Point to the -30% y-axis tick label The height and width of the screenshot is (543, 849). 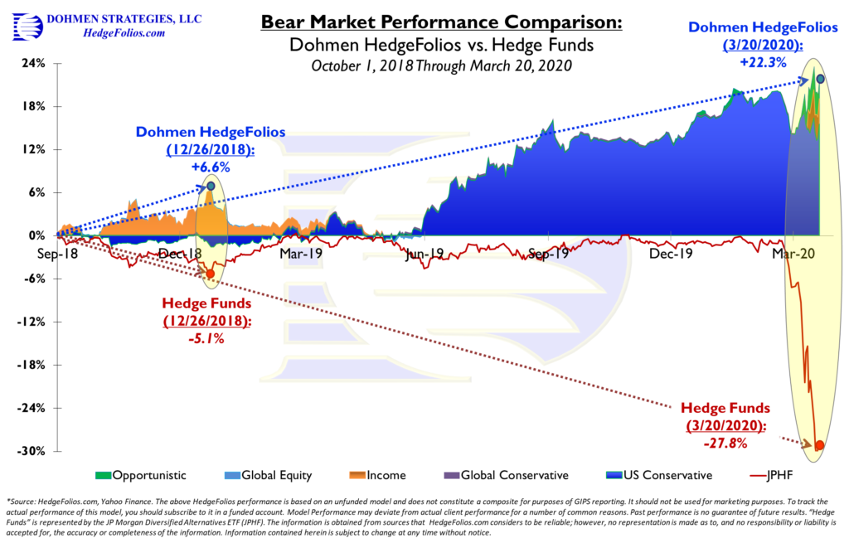(x=33, y=451)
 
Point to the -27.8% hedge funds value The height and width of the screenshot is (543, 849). (x=726, y=444)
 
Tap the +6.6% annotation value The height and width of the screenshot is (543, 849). (x=210, y=166)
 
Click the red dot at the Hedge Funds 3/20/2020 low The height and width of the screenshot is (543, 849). (x=820, y=445)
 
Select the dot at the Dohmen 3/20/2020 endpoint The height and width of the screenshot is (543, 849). (x=820, y=79)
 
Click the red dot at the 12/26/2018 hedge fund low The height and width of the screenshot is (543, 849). (x=210, y=274)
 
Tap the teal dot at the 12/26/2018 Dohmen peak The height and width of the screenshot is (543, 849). (x=211, y=187)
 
